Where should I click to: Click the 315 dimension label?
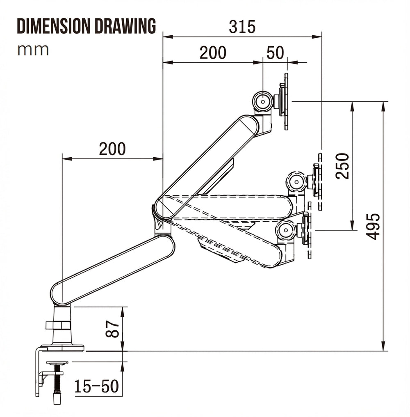coord(242,27)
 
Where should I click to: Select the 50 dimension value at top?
coord(275,53)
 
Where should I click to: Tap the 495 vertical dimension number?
coord(373,226)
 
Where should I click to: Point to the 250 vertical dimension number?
coord(342,165)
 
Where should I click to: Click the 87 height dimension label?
coord(113,329)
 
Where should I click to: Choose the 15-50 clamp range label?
coord(97,386)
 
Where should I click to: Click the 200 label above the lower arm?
coord(112,149)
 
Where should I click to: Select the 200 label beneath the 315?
coord(213,53)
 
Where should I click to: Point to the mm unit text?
coord(33,50)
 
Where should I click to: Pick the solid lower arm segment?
coord(113,269)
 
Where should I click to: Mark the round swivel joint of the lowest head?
coord(285,230)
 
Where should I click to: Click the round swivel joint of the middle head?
coord(296,181)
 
